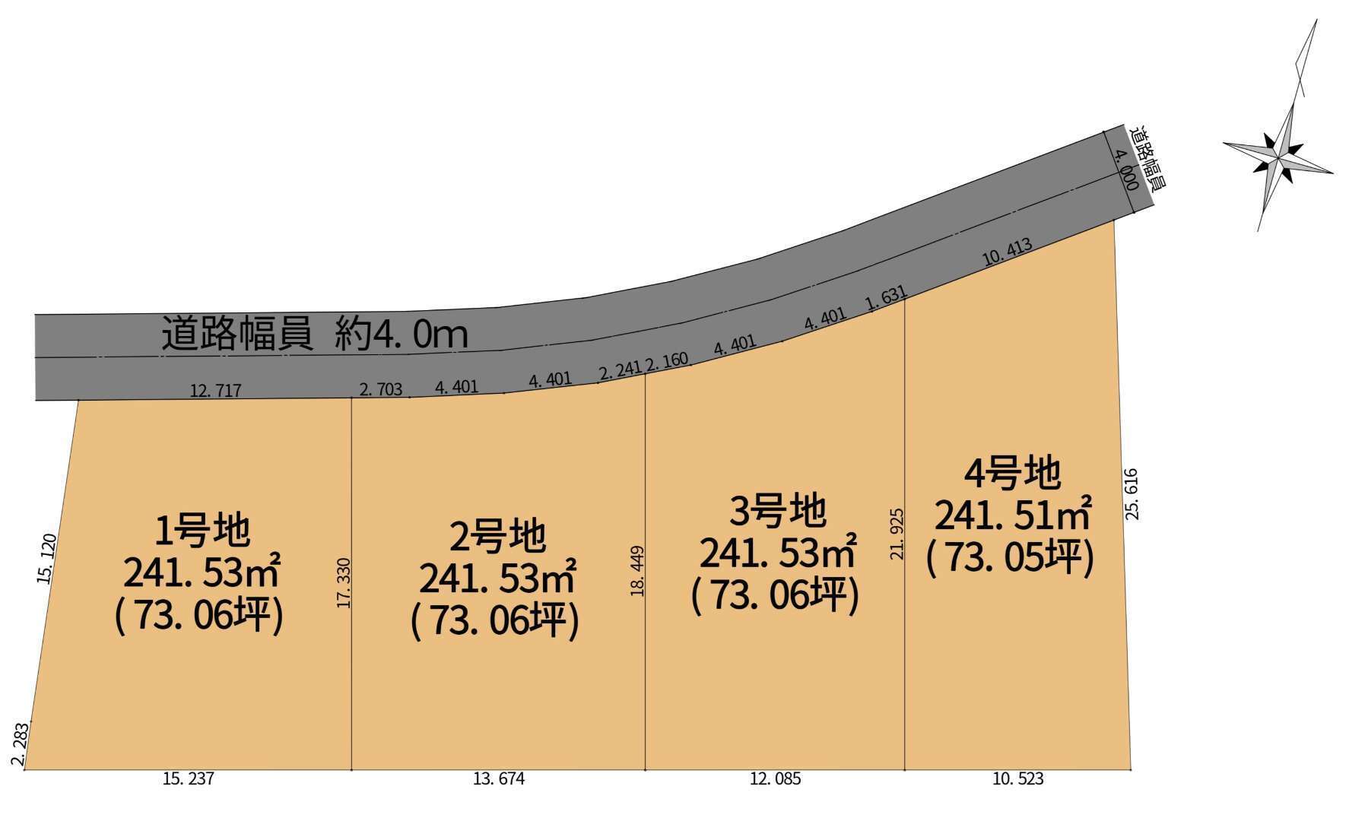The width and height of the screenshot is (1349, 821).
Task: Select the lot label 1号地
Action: [202, 531]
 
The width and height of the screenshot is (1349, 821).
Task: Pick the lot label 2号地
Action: [497, 536]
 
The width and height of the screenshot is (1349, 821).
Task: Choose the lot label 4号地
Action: [1012, 474]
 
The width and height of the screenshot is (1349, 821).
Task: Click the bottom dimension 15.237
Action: [189, 779]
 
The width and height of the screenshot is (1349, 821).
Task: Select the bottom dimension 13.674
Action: [499, 779]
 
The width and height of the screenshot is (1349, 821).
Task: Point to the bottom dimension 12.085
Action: [775, 779]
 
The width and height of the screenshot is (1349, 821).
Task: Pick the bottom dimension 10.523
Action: [1017, 779]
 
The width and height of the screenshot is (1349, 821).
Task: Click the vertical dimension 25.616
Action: [1132, 494]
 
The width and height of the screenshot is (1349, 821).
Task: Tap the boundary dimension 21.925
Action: [897, 534]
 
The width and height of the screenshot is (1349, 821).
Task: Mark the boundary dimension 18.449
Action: [637, 570]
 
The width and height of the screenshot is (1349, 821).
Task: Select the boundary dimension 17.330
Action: [344, 583]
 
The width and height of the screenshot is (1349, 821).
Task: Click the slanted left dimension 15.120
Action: [47, 559]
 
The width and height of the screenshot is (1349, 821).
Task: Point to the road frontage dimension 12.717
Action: [216, 391]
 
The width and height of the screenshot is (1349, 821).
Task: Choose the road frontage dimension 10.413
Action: [1007, 252]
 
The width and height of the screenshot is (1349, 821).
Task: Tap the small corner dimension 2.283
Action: [21, 746]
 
